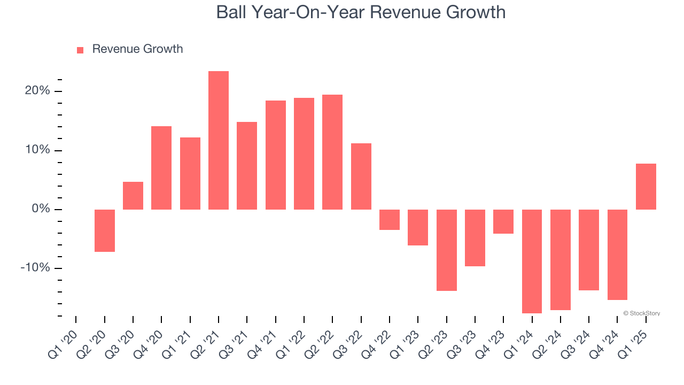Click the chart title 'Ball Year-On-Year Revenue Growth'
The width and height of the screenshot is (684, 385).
[361, 12]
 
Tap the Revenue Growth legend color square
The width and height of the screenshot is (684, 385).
[80, 50]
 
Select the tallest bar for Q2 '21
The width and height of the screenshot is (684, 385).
[219, 140]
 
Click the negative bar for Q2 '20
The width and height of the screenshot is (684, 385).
[105, 230]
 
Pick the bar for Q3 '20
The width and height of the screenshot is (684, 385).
[133, 196]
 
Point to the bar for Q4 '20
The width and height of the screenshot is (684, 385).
[161, 168]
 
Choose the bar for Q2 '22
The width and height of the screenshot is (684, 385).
[332, 152]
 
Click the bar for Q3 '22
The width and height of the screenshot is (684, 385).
[361, 176]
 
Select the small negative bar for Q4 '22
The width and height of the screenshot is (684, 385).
[390, 220]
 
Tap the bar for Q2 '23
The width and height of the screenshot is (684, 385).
[447, 250]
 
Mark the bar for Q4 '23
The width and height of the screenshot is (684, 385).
[503, 221]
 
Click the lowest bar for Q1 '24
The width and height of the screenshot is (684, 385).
[532, 261]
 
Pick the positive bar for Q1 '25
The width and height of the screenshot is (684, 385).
[646, 187]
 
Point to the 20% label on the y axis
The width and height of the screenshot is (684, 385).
[37, 91]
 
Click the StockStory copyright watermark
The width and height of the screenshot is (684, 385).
[641, 313]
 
